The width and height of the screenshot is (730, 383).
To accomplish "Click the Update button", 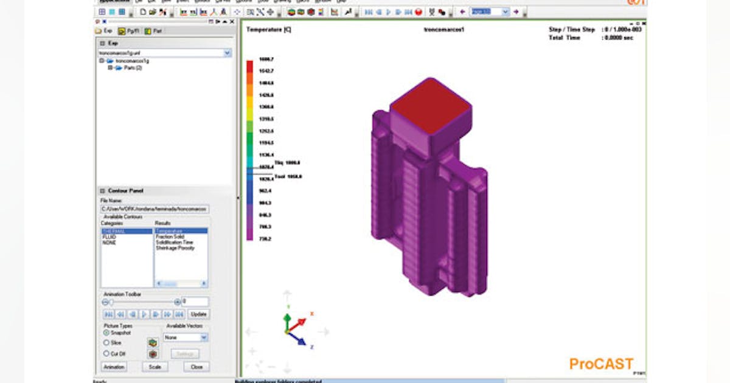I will click(x=198, y=314).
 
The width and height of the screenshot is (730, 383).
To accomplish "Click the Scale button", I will click(x=155, y=367).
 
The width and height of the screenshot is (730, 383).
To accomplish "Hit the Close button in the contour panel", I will click(x=196, y=367).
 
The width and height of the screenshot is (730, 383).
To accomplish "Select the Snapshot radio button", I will click(x=106, y=333).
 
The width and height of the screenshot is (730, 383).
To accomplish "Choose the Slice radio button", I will click(x=106, y=343).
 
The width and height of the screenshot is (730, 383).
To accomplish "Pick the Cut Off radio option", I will click(x=106, y=353).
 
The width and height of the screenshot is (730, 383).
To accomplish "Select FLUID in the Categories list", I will click(x=109, y=236).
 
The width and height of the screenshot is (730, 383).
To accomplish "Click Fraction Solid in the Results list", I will click(x=170, y=236).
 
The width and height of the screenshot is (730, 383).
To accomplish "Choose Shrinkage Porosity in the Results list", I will click(x=175, y=248).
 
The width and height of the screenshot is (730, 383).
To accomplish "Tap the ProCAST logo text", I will click(x=601, y=364).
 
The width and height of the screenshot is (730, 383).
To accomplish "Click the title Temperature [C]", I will click(x=268, y=29).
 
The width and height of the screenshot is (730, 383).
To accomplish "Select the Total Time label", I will click(x=564, y=38).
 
